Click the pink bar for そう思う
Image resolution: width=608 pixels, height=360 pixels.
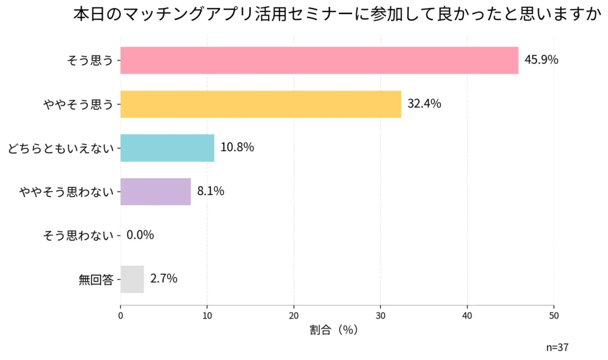pos(319,60)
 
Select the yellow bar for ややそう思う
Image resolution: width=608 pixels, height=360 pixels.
pos(261,104)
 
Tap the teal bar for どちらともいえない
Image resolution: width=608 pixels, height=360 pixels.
pos(167,148)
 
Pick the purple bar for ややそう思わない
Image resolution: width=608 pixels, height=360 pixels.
pos(156,192)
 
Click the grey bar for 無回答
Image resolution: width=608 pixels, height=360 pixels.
pos(132,279)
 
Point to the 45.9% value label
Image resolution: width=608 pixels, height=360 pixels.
pos(541,60)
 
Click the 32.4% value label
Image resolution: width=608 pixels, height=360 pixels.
pos(424,104)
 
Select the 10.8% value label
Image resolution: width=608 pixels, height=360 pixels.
pos(237,148)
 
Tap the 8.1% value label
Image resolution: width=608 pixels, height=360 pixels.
pos(210,192)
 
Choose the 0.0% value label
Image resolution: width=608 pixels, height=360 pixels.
pos(140,235)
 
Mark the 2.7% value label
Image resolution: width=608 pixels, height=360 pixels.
pos(164,279)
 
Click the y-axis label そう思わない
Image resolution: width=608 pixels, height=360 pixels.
pos(78,235)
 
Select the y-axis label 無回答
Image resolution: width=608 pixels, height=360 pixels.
pos(96,280)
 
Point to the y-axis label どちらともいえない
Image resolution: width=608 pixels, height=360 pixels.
pos(61,148)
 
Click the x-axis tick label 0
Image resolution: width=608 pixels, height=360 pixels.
pos(120,316)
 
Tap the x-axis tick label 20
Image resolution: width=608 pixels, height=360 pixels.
pos(294,316)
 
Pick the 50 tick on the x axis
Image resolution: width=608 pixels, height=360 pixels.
pos(554,316)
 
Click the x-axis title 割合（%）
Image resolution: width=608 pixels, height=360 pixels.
pos(333,330)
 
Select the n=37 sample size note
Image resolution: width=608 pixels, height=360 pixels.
pos(557,348)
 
